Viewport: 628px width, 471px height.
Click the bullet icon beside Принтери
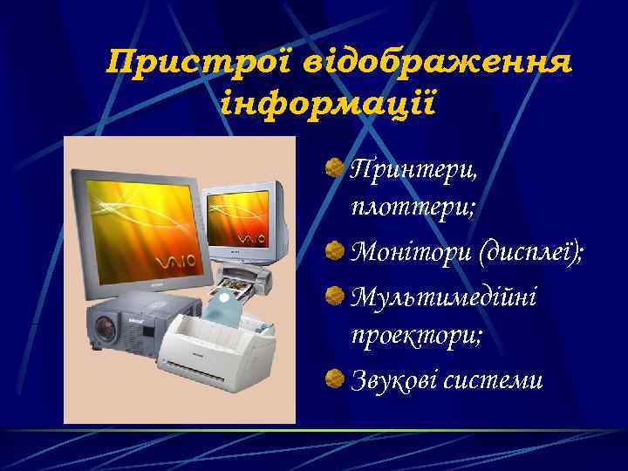(334, 165)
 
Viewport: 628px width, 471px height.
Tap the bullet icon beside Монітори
(334, 252)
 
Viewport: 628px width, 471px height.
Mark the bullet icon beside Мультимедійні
(334, 294)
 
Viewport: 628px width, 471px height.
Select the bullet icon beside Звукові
(334, 378)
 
